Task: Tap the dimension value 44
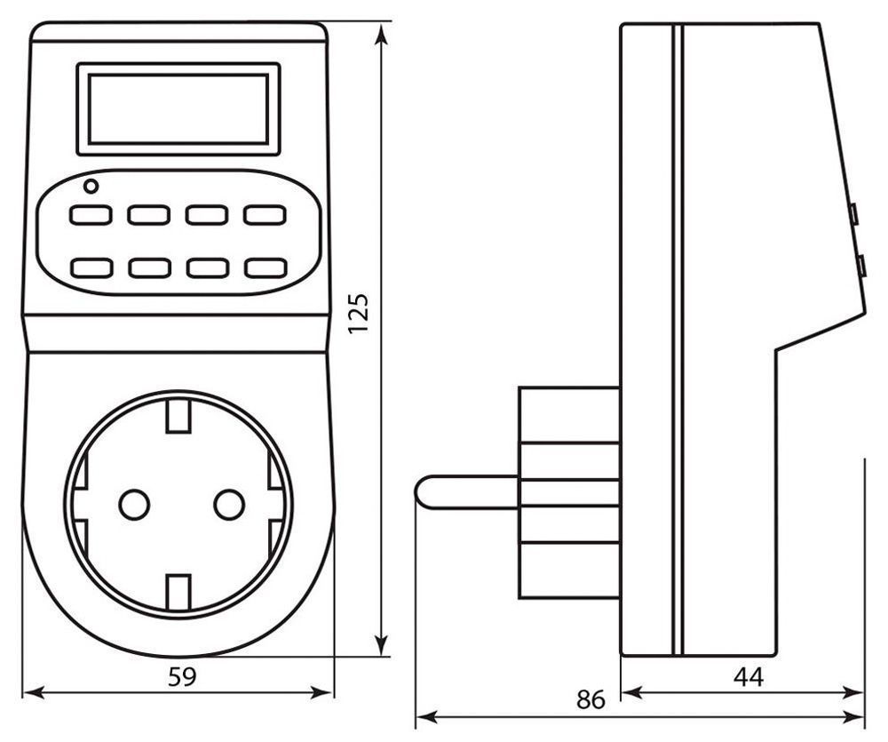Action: tap(748, 676)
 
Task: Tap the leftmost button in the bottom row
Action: tap(91, 267)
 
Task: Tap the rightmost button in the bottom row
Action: tap(265, 267)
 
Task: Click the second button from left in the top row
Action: tap(148, 215)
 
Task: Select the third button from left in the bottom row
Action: tap(207, 267)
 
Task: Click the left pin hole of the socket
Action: tap(134, 505)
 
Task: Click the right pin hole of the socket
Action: tap(229, 505)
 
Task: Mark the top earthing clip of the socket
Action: tap(179, 414)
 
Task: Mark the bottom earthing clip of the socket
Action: tap(179, 589)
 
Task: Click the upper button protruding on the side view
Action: tap(852, 214)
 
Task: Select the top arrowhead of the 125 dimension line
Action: tap(382, 34)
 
